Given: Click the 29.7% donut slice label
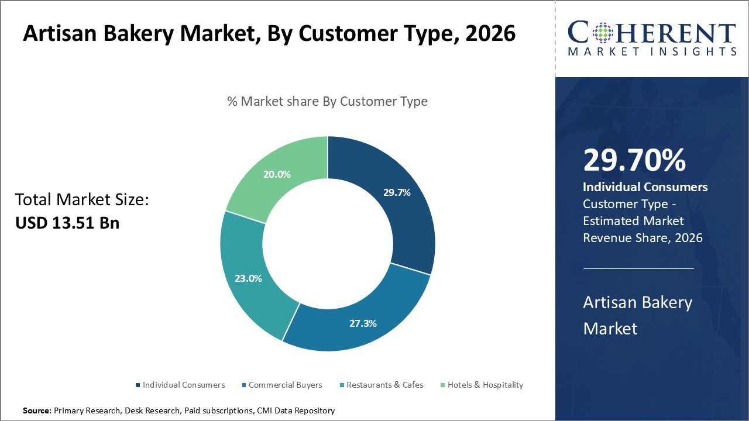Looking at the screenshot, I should pos(397,192).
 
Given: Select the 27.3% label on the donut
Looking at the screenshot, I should pos(363,323).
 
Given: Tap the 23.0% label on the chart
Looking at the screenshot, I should pos(248,278).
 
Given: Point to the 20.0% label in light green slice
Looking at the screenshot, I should pos(277,174).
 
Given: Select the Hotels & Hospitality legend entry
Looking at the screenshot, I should pos(485,385).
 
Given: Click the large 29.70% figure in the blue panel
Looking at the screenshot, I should pos(634,160).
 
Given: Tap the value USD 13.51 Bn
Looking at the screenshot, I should pos(67,223).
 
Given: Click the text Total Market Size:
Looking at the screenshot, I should pos(82,200).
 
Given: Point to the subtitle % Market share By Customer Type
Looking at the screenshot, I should pos(327,101).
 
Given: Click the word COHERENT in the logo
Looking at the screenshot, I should pos(652,33).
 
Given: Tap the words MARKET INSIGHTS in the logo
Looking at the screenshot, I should pos(652,51).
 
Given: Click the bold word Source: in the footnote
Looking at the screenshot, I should pos(37,411).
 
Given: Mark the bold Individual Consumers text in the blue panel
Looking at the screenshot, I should pos(645,187).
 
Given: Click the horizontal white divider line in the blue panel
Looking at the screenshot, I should pos(638,268).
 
